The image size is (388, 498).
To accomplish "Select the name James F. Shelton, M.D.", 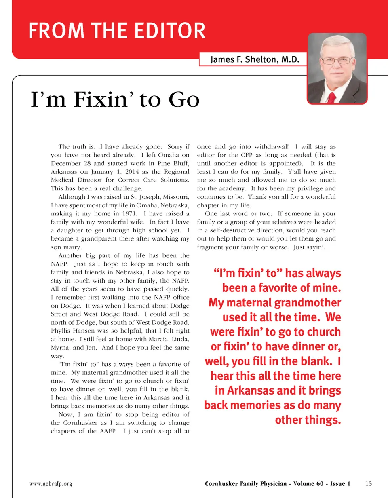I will coord(255,60).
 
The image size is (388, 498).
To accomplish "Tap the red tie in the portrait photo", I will coord(332,97).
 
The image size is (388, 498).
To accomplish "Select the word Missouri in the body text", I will coord(175,197).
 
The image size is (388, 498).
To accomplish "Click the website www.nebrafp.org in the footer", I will coord(51,483).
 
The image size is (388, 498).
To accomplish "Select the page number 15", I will coord(368,483).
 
